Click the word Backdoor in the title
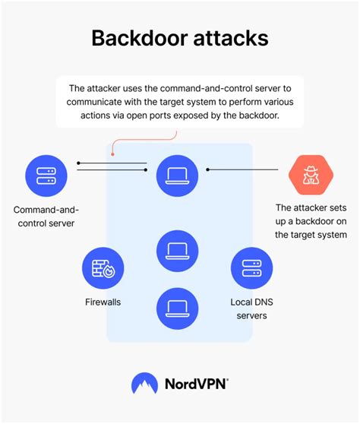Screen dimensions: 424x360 click(137, 39)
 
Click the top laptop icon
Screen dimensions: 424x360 click(177, 176)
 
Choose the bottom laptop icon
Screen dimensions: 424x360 click(177, 308)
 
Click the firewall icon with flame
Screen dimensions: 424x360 click(103, 268)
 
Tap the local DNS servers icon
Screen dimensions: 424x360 click(251, 268)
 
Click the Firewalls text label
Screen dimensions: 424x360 click(103, 302)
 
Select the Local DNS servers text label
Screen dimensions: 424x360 click(251, 309)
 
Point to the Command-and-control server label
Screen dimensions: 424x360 click(46, 216)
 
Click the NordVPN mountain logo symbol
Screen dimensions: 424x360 click(144, 384)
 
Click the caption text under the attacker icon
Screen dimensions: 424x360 click(311, 221)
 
